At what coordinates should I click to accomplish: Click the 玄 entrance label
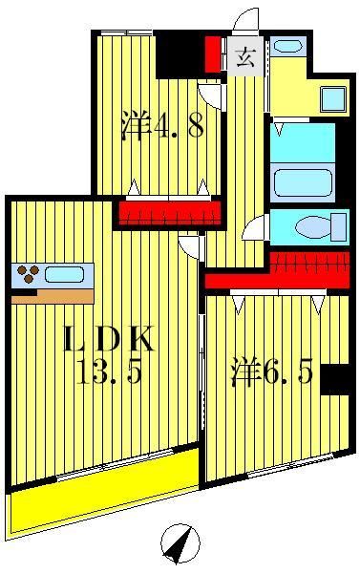point(244,58)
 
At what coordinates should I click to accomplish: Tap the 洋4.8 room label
point(162,125)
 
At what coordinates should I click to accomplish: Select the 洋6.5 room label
point(271,371)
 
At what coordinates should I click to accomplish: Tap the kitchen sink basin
point(63,274)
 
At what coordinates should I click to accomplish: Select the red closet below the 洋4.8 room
point(164,212)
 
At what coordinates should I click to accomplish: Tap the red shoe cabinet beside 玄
point(212,53)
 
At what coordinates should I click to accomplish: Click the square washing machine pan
point(332,98)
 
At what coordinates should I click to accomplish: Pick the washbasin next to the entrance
point(286,46)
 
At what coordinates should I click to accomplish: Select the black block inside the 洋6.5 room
point(337,379)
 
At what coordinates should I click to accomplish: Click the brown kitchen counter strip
point(53,296)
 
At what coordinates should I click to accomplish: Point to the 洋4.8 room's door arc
point(210,96)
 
